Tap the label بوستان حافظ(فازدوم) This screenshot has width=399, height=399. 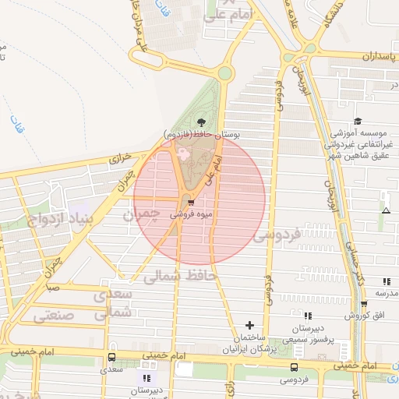[x=202, y=134]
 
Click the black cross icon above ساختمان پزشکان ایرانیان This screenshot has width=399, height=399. [x=249, y=324]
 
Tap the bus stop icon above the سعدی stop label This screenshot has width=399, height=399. [x=111, y=358]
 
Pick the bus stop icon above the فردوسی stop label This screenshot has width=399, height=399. [x=294, y=367]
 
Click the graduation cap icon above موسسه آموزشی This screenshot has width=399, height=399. [x=358, y=121]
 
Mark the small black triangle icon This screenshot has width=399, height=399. [x=385, y=211]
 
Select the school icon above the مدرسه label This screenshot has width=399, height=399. [x=386, y=281]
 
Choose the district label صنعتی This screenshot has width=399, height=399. [x=54, y=316]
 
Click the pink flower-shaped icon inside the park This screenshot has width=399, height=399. [x=185, y=154]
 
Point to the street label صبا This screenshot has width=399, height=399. [x=52, y=287]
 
